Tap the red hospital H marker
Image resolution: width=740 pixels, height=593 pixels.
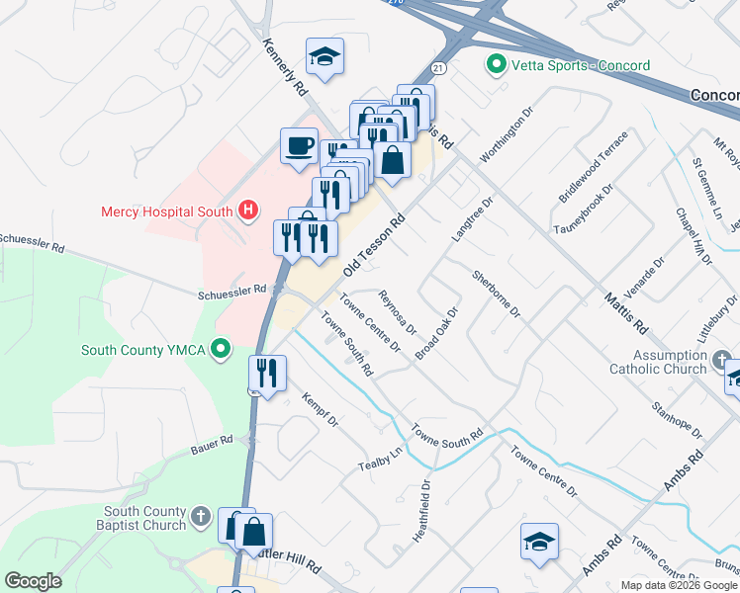click(x=248, y=211)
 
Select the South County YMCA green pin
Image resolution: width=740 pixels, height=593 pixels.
click(x=223, y=349)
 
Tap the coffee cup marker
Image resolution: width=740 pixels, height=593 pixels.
click(x=300, y=146)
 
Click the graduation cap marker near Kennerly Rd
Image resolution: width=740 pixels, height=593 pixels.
click(x=324, y=57)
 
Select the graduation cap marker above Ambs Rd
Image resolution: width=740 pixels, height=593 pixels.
click(x=540, y=542)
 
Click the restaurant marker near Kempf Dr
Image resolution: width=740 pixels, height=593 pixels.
click(x=267, y=373)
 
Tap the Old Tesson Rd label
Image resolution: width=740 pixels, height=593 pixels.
click(x=375, y=248)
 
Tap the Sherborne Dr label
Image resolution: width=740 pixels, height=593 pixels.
click(x=496, y=295)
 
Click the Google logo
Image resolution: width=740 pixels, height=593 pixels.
click(x=33, y=581)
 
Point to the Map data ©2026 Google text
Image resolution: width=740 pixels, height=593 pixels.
click(x=679, y=585)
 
